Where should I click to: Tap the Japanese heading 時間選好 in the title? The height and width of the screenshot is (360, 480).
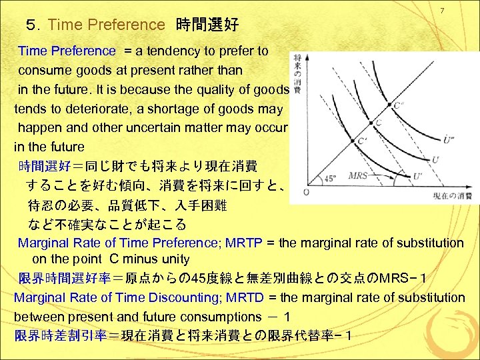207,25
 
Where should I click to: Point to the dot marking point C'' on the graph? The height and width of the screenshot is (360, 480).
389,103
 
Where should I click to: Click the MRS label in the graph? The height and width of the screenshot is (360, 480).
359,176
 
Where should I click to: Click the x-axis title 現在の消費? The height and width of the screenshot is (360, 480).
452,196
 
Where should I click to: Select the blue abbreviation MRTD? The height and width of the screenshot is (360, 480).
241,297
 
